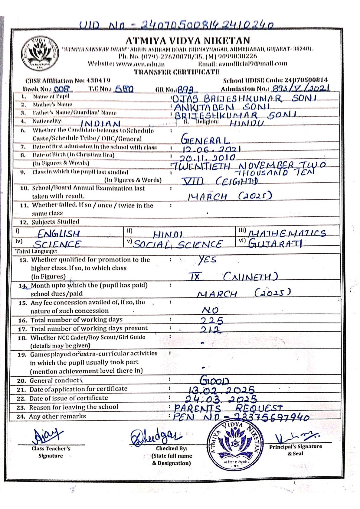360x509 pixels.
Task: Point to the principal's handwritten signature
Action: pyautogui.click(x=296, y=437)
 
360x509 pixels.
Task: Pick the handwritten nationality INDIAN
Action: pyautogui.click(x=100, y=124)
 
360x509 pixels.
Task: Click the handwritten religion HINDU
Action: pyautogui.click(x=247, y=123)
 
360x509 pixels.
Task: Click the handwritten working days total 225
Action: pyautogui.click(x=212, y=320)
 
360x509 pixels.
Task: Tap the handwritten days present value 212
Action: pyautogui.click(x=211, y=330)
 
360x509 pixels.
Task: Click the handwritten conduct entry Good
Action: pyautogui.click(x=214, y=380)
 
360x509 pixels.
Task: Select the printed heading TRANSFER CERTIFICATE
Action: pyautogui.click(x=177, y=72)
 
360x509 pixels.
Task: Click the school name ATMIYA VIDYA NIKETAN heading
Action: pyautogui.click(x=188, y=41)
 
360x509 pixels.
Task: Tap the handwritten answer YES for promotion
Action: pyautogui.click(x=207, y=260)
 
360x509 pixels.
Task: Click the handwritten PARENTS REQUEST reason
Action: pyautogui.click(x=228, y=408)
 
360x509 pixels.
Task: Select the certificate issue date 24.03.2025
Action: pyautogui.click(x=221, y=399)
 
